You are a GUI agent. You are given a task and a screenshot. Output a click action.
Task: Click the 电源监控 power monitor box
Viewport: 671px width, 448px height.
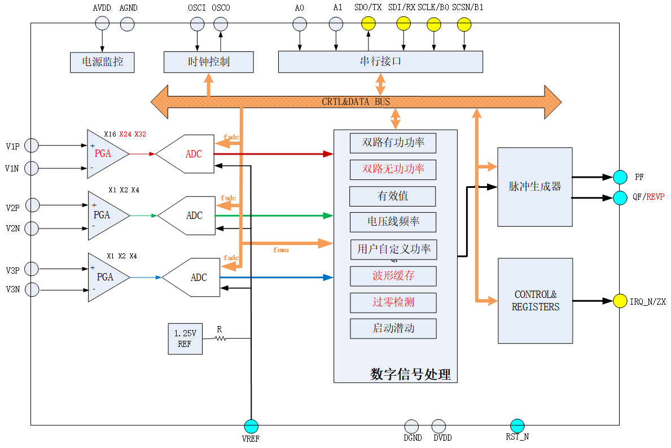[102, 62]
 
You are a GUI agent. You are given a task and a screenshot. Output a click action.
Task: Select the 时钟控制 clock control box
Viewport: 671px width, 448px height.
[208, 62]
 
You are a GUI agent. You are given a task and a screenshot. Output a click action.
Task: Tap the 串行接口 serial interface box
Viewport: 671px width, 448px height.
[380, 62]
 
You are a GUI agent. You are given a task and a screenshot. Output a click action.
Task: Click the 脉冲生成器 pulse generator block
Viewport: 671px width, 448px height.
[534, 187]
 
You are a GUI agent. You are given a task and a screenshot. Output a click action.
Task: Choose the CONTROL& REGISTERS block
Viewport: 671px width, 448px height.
[535, 301]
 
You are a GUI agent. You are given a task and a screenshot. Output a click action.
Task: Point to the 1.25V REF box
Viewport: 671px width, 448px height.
[185, 339]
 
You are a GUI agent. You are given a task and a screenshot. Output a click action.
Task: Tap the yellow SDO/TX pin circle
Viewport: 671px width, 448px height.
[368, 24]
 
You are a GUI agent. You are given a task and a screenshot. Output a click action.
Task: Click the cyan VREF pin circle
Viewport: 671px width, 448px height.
[251, 426]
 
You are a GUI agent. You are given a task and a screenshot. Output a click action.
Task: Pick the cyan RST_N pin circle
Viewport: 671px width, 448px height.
[517, 426]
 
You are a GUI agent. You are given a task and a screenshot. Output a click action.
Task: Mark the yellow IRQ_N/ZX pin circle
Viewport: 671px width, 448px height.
[620, 301]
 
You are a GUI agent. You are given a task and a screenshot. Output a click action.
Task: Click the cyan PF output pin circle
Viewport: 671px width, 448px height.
[620, 177]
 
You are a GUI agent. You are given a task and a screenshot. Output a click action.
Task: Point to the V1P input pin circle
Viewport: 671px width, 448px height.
[32, 146]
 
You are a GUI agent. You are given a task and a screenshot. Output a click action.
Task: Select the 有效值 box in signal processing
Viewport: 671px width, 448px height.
[392, 196]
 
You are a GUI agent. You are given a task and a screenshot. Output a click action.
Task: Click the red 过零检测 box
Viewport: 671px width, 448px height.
[393, 302]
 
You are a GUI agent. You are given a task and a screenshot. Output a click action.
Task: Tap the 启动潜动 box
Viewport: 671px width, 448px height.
[393, 328]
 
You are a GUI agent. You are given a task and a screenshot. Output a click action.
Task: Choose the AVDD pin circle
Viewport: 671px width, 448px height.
[102, 23]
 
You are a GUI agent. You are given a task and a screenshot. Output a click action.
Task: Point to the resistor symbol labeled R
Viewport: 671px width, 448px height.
[220, 339]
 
